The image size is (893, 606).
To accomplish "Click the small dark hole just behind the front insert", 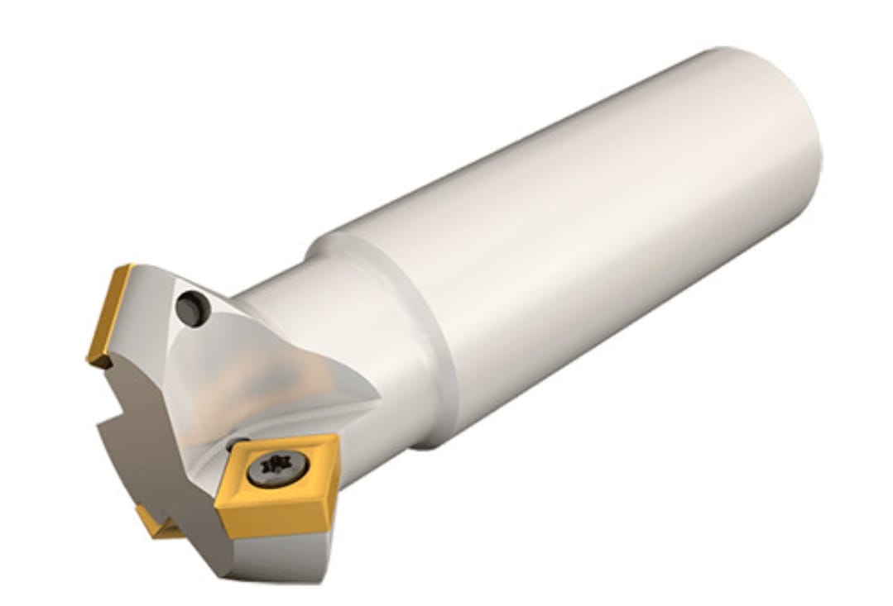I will (237, 443).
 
